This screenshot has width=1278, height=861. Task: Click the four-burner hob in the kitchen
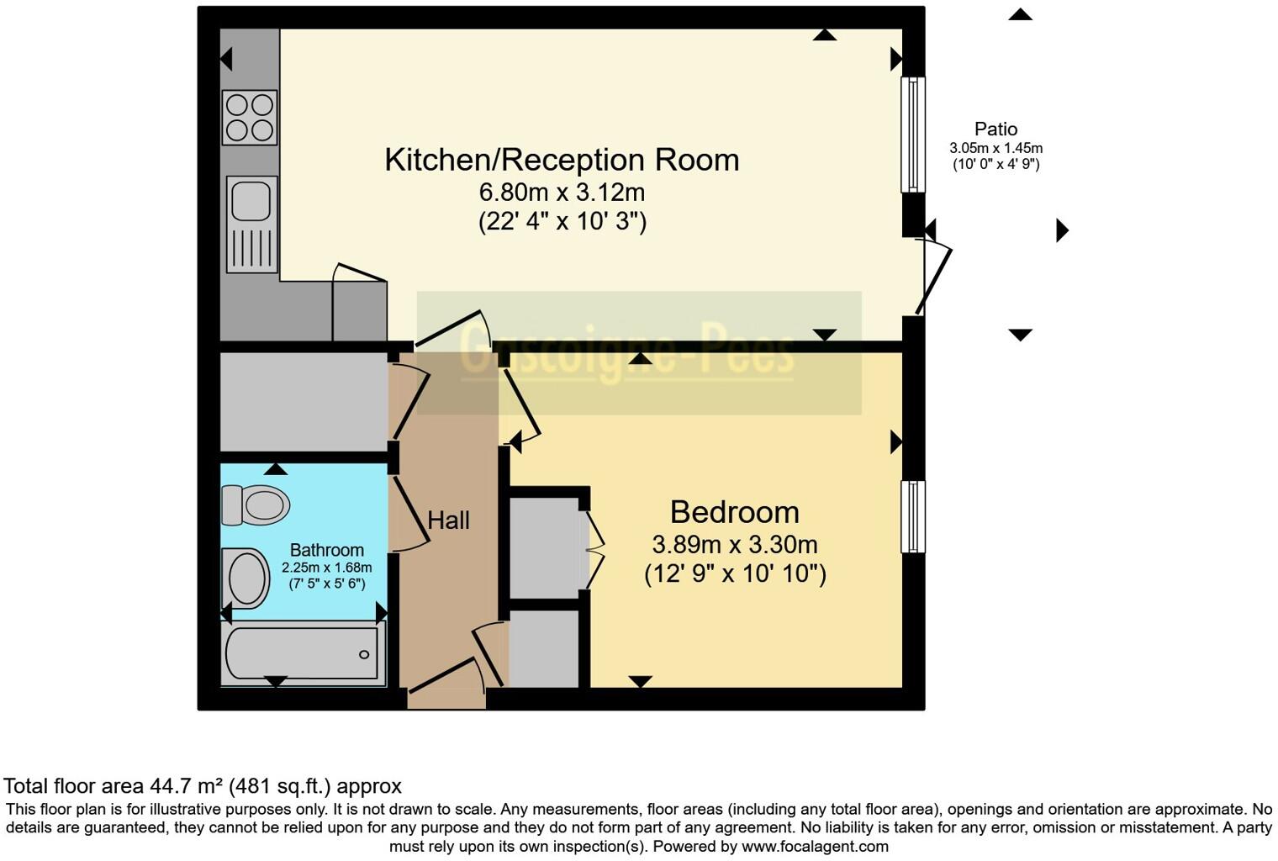point(250,117)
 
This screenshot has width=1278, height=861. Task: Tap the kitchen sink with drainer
point(251,224)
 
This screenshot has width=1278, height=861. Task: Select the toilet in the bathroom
point(256,504)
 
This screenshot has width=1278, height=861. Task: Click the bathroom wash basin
point(246,578)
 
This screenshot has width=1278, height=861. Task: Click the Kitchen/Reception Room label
point(562,160)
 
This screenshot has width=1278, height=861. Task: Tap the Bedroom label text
point(734,512)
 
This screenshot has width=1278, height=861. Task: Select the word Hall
point(448,520)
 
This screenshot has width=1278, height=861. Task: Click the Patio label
point(995,129)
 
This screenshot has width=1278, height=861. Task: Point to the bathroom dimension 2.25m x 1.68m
point(326,568)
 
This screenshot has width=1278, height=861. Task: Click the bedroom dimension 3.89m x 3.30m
point(734,545)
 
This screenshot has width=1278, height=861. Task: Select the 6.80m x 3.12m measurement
point(562,193)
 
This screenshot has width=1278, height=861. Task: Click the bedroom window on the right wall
point(913,516)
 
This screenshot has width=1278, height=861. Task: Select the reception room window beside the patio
point(913,135)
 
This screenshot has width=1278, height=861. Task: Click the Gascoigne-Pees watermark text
point(627,353)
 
